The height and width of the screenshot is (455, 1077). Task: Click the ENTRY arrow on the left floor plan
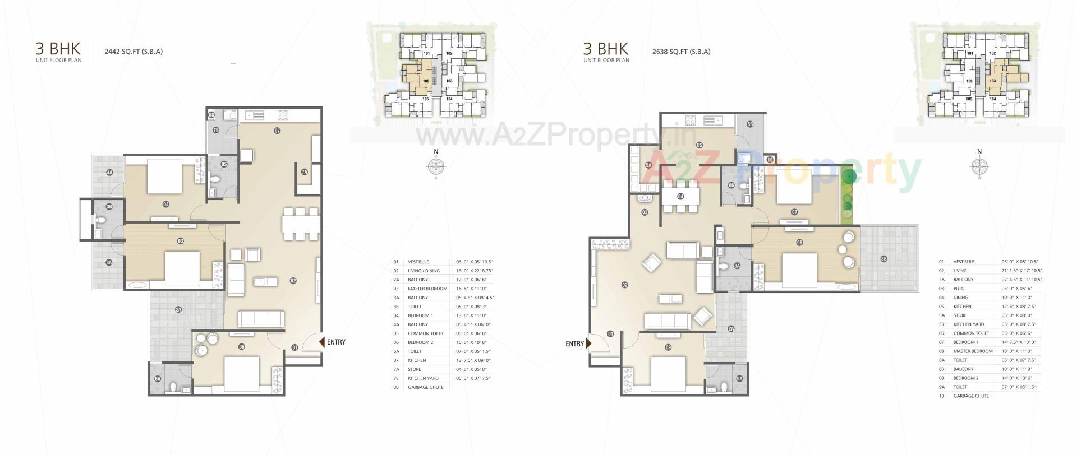pos(322,342)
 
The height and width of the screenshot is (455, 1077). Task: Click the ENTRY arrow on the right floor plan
pos(588,343)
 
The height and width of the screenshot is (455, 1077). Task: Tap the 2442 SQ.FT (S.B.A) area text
pos(134,52)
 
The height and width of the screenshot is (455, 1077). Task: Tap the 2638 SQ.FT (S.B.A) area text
pos(681,52)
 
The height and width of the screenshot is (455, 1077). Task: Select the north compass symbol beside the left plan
pos(436,166)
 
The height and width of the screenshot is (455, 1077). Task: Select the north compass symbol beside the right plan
pos(979,166)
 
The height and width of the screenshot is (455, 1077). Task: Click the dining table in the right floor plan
pos(680,197)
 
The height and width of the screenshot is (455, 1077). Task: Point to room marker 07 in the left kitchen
pos(277,131)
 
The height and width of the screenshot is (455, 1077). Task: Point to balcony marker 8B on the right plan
pos(884,259)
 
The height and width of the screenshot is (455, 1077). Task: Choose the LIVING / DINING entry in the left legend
pos(424,271)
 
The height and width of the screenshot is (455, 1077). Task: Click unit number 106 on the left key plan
pos(426,81)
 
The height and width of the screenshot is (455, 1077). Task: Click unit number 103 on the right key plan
pos(992,81)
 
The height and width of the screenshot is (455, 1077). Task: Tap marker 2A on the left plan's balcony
pos(178,309)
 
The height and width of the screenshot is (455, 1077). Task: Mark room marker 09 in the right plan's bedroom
pos(668,347)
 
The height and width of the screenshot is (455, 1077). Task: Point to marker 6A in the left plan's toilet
pos(158,379)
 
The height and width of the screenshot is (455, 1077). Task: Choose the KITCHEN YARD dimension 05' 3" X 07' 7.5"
pos(473,378)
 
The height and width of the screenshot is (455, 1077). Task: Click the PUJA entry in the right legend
pos(960,289)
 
